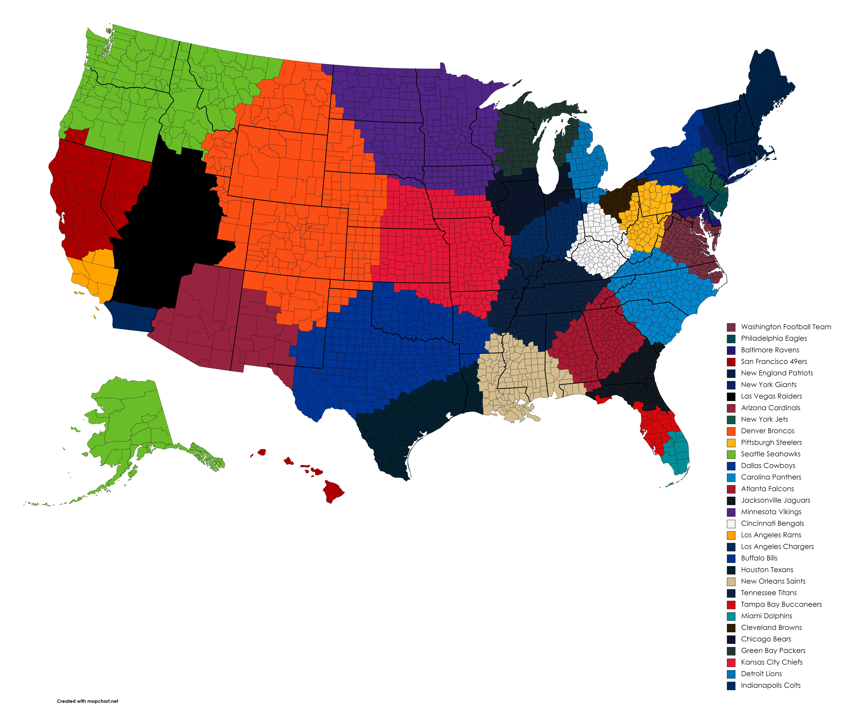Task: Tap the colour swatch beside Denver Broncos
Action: coord(731,431)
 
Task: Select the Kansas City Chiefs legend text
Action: coord(771,662)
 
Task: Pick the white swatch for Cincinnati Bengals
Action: coord(731,524)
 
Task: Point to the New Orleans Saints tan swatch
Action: coord(731,581)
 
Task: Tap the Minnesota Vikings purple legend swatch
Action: coord(731,512)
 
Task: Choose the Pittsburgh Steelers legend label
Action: coord(771,442)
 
